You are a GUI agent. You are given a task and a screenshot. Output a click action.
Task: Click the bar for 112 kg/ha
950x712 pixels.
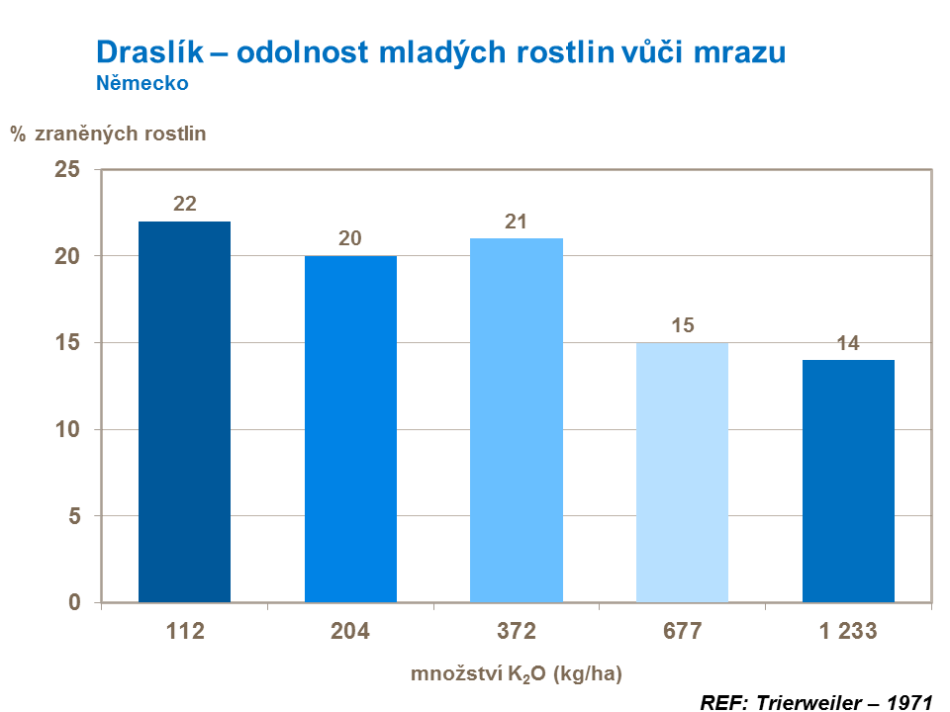point(184,411)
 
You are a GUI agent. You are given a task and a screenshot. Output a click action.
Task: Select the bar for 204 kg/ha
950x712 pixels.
point(350,429)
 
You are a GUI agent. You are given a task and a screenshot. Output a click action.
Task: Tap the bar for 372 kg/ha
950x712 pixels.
point(517,420)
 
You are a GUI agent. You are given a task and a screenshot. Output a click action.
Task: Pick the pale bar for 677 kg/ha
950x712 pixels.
point(682,473)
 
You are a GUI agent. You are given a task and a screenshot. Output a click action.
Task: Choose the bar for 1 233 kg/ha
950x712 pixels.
point(848,481)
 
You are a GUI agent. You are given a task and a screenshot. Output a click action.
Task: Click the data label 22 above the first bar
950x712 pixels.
point(185,204)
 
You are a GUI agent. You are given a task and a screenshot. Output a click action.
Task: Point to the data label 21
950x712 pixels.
point(517,222)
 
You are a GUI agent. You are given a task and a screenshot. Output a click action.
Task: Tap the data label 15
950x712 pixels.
point(682,325)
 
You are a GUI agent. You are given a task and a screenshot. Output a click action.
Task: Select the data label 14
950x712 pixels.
point(848,343)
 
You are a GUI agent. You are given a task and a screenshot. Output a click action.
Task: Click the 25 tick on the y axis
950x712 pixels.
point(66,170)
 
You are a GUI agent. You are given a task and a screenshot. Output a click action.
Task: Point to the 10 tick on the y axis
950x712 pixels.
point(66,430)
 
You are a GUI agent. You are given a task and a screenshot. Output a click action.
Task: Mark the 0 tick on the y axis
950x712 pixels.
point(73,603)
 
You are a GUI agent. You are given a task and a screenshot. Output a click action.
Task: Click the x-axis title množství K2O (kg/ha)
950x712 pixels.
point(516,674)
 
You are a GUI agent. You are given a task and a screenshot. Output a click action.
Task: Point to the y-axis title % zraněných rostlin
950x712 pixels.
point(109,133)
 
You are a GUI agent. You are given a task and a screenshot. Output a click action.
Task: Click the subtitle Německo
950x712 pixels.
point(142,83)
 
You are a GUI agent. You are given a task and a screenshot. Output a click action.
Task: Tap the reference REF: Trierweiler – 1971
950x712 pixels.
point(816,702)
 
